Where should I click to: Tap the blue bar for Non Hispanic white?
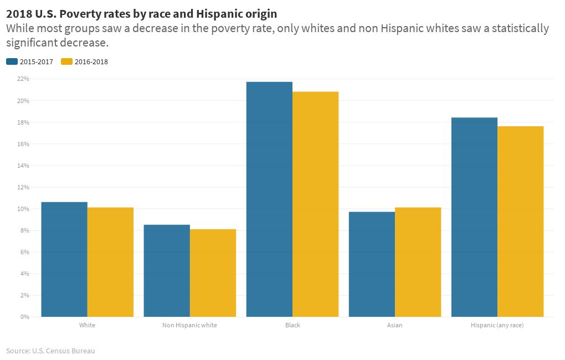click(x=167, y=271)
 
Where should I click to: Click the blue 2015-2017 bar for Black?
click(x=269, y=199)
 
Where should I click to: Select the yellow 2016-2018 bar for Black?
click(x=315, y=204)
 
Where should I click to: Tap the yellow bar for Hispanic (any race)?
click(x=520, y=222)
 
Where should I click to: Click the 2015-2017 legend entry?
click(x=30, y=62)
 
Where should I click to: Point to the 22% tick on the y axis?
click(x=23, y=79)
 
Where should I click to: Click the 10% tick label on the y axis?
click(x=23, y=209)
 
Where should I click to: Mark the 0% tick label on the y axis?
click(x=24, y=317)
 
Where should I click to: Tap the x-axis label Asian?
click(x=394, y=325)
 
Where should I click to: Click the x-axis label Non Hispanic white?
click(x=189, y=325)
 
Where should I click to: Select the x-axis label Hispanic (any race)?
click(x=497, y=325)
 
